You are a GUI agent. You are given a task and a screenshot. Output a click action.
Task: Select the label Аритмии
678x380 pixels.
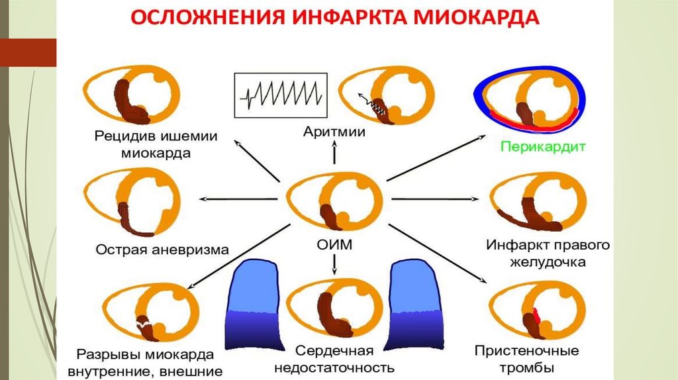335,132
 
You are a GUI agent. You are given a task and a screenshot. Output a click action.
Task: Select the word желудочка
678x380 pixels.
547,262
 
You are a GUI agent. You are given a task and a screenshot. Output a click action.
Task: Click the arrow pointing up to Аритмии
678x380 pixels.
335,153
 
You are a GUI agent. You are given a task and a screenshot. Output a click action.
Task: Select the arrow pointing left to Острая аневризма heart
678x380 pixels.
238,199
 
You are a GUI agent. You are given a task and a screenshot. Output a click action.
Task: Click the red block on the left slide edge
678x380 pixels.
28,52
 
